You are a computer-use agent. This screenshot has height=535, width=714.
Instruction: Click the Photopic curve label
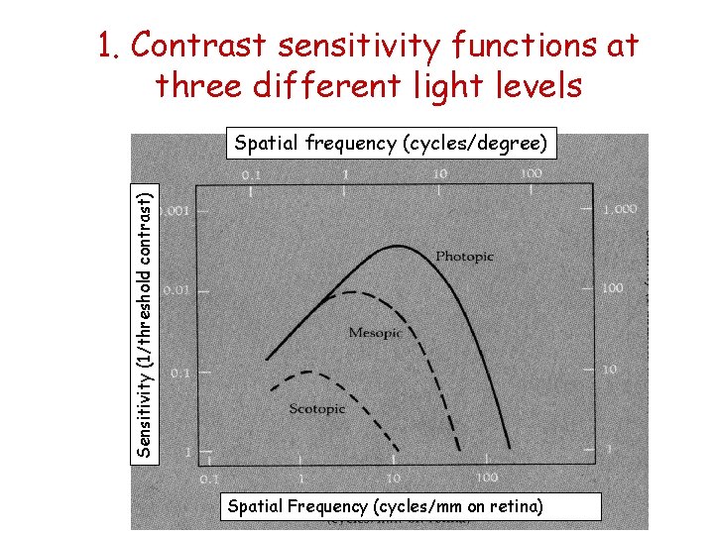coord(464,257)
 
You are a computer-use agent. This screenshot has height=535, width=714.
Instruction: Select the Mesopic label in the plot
coord(375,333)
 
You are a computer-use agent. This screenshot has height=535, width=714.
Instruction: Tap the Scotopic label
coord(317,408)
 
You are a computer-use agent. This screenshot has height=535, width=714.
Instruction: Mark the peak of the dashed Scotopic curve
coord(311,373)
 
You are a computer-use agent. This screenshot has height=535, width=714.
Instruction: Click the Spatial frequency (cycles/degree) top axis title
coord(390,144)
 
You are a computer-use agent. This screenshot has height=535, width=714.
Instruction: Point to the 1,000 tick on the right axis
coord(620,209)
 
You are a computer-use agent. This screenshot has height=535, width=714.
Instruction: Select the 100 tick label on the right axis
coord(612,287)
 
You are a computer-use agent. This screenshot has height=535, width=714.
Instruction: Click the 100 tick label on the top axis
coord(530,173)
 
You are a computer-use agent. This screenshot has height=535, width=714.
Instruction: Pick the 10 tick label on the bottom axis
coord(393,478)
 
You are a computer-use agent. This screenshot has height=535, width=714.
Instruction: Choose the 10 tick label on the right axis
coord(608,370)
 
